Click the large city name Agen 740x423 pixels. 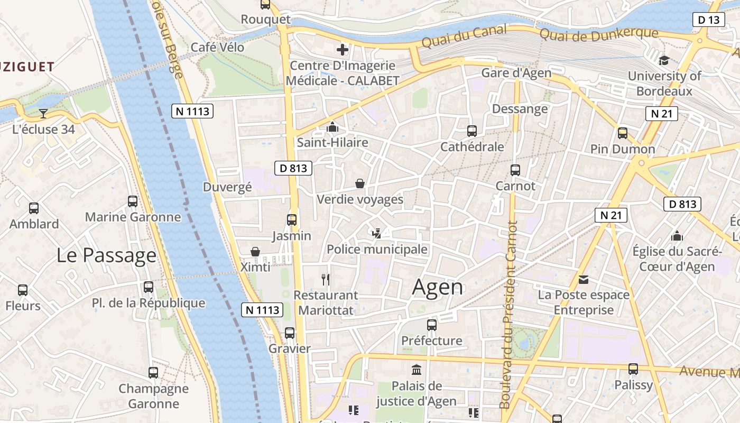pos(438,287)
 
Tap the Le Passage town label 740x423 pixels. pos(106,255)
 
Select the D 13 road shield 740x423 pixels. pos(708,20)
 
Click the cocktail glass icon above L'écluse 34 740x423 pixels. pos(43,113)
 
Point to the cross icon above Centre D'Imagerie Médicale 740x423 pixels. pos(343,50)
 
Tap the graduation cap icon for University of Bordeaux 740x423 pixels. pos(664,60)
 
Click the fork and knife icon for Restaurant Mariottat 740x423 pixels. pos(326,279)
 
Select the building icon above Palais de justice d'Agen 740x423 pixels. pos(417,369)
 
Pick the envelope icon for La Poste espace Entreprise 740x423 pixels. pos(584,279)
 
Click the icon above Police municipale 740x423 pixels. pos(377,233)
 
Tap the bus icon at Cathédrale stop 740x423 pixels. pos(472,131)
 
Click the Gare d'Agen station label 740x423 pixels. pos(516,73)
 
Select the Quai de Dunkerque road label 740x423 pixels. pos(598,34)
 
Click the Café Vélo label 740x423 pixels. pos(217,47)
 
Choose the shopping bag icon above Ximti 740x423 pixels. pos(255,252)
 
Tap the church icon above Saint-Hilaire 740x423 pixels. pos(332,127)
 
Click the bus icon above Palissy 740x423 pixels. pos(633,369)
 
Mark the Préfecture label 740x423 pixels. pos(432,341)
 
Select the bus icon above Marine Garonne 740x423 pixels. pos(133,201)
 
